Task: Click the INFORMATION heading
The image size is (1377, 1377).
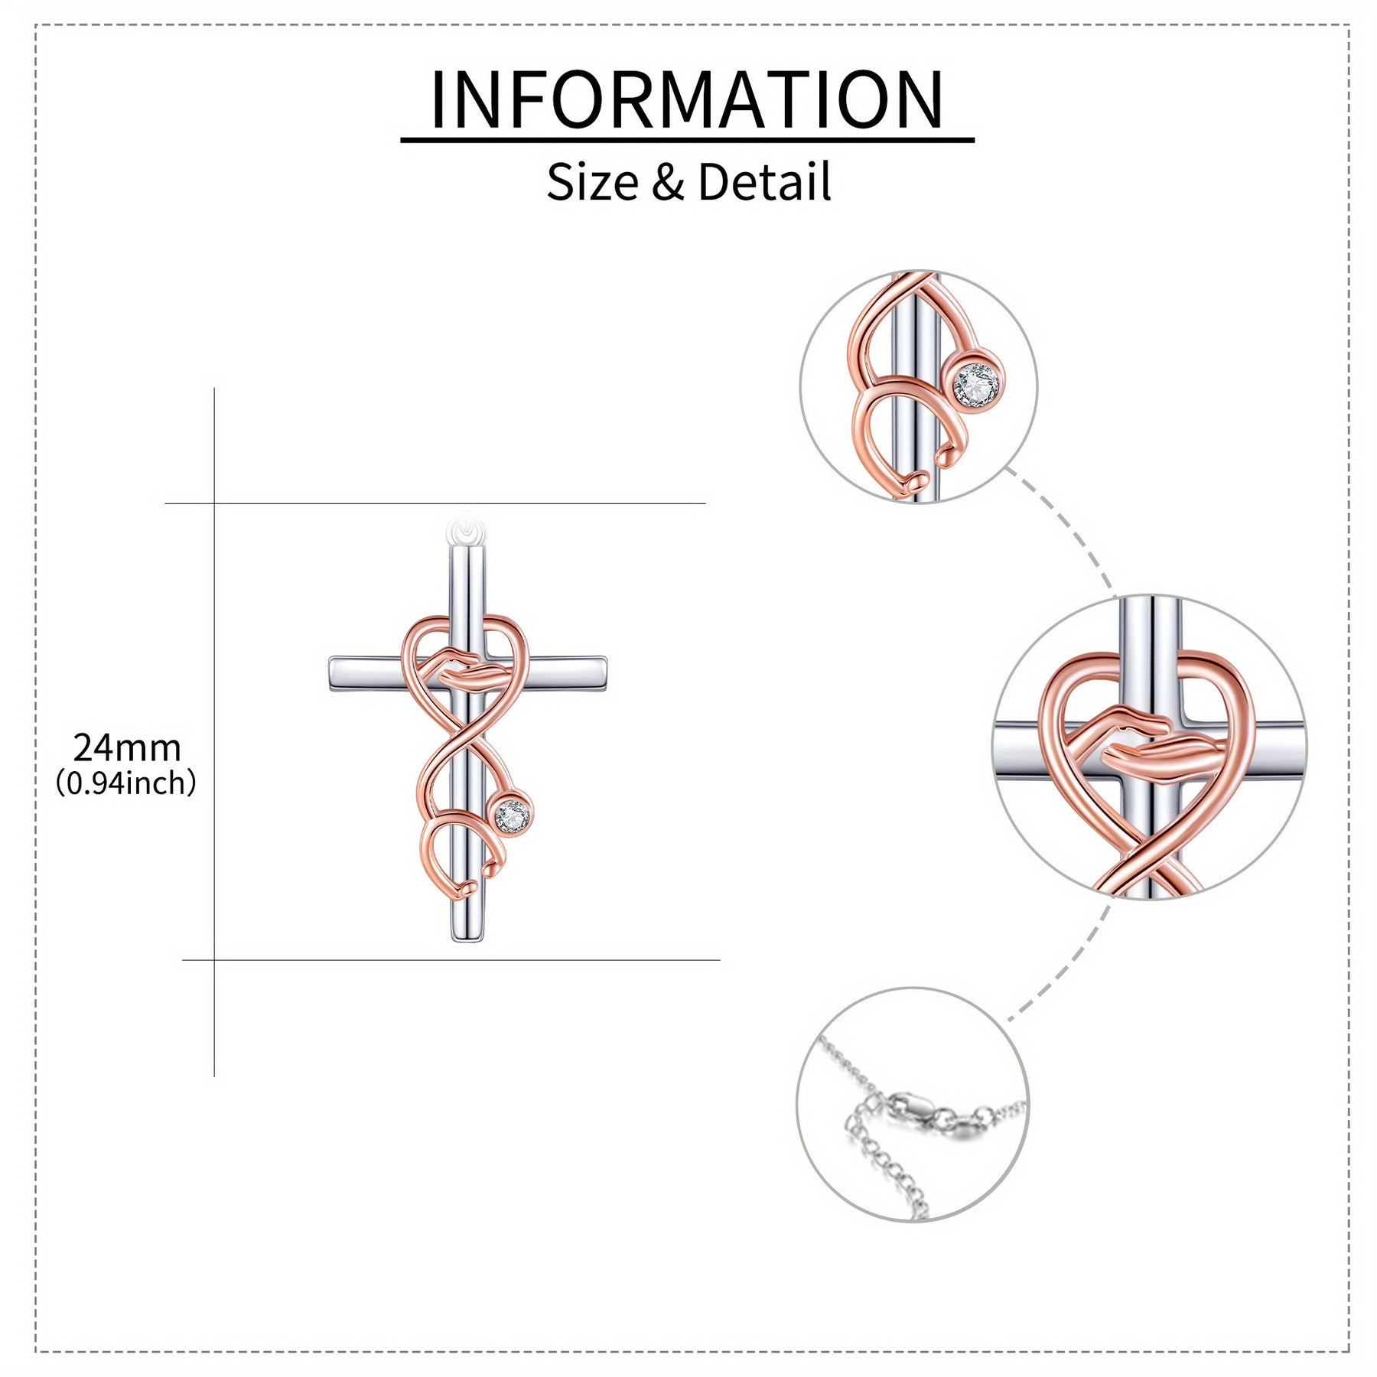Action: (688, 100)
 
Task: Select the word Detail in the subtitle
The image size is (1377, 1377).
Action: (764, 182)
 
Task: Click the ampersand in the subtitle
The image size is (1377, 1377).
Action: (668, 184)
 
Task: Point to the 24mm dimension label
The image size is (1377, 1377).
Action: (127, 747)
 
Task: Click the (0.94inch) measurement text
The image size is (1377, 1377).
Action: (126, 783)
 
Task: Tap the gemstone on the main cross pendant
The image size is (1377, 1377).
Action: (512, 816)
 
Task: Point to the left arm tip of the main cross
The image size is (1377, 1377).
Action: (330, 673)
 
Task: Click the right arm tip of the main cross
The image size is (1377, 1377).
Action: (604, 673)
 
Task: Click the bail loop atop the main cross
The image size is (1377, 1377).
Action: (466, 530)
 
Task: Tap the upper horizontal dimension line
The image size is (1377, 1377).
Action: (435, 503)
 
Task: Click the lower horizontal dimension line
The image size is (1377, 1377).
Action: (451, 959)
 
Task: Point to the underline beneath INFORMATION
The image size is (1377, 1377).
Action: (688, 140)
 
